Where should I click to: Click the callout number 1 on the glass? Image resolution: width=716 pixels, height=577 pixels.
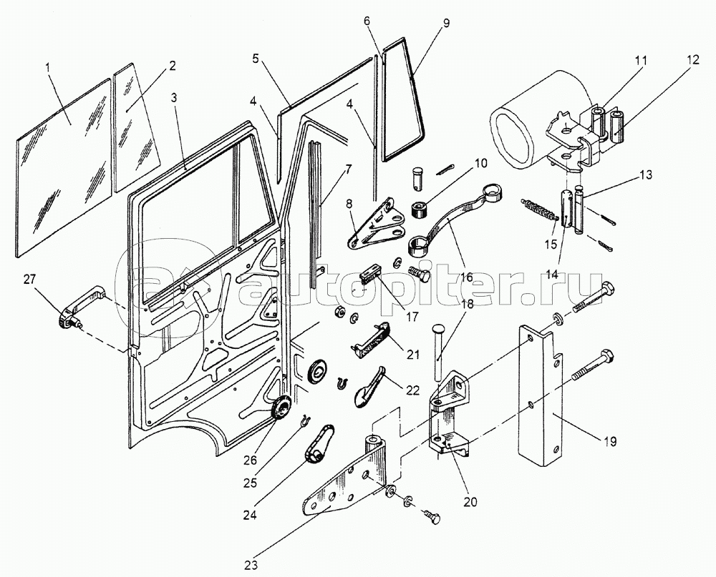[47, 67]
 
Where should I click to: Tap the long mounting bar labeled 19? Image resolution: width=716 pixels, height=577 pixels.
[541, 400]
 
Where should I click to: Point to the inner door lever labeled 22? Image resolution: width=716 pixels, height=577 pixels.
[370, 386]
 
